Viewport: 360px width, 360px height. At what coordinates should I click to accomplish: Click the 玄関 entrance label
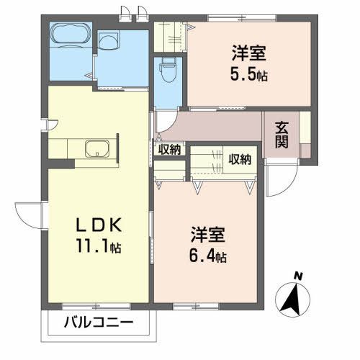[282, 133]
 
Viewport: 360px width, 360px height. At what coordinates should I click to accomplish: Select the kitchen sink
[96, 150]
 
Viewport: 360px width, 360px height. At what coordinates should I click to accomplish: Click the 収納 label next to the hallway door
[171, 149]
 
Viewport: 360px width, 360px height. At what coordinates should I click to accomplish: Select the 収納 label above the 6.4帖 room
[240, 158]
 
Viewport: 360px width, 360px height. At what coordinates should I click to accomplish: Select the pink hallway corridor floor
[216, 127]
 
